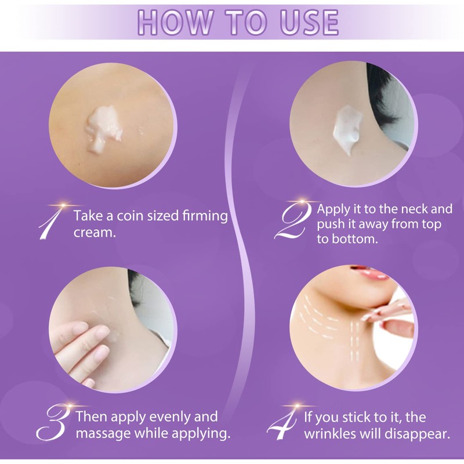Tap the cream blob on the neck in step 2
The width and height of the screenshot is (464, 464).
(x=346, y=131)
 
